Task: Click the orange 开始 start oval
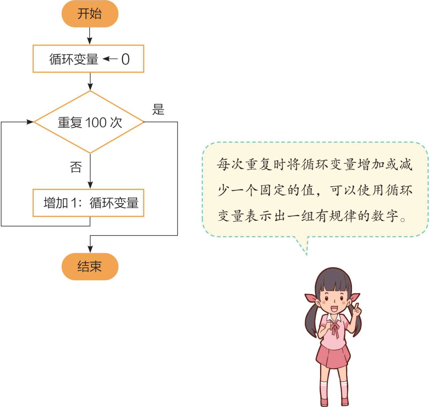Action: [90, 14]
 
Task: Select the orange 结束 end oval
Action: [90, 266]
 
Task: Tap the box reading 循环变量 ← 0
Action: [88, 59]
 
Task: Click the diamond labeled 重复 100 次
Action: [89, 122]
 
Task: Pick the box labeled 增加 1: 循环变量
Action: [88, 203]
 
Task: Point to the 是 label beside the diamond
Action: [158, 109]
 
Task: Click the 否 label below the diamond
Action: [76, 167]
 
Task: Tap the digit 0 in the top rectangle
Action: [125, 59]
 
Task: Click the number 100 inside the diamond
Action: [96, 123]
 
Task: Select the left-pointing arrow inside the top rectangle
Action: [110, 59]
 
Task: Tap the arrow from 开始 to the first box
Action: [90, 36]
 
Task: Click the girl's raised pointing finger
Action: [356, 307]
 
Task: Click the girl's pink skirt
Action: [333, 356]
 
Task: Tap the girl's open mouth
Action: [334, 308]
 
